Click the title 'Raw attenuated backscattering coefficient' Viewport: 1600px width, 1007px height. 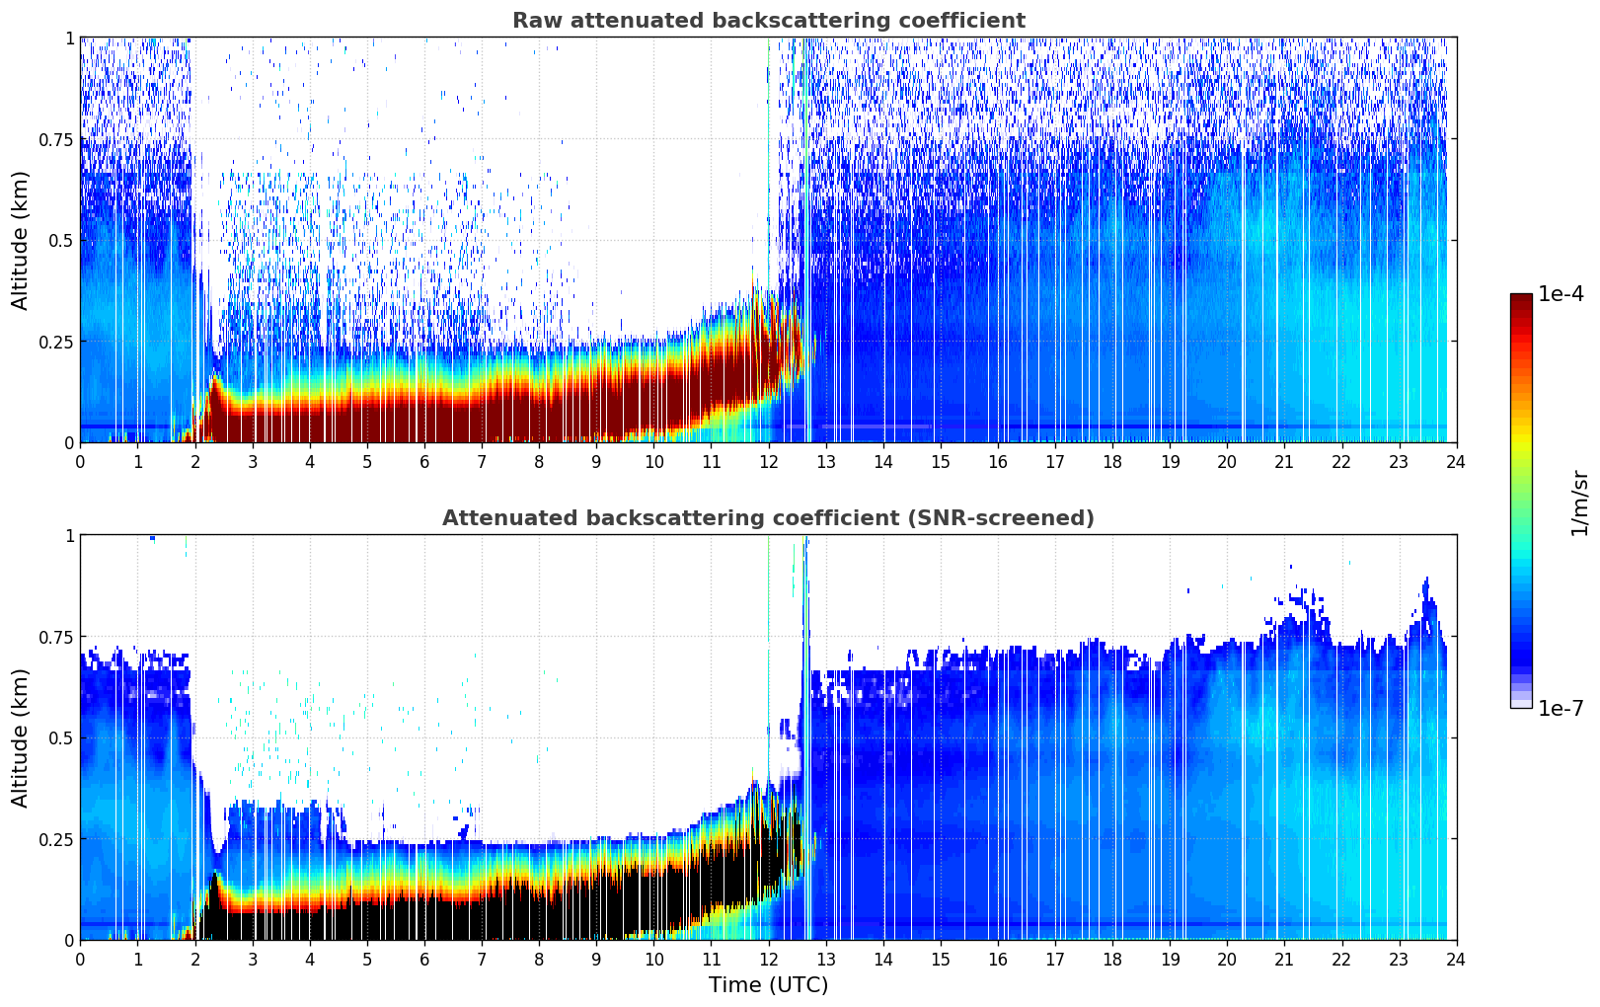pyautogui.click(x=768, y=21)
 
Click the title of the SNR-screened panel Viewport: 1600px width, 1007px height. pyautogui.click(x=768, y=518)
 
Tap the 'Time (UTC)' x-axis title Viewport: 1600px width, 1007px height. pyautogui.click(x=768, y=985)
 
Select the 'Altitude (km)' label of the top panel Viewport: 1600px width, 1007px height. pyautogui.click(x=21, y=240)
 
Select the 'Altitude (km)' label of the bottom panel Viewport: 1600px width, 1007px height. pyautogui.click(x=21, y=737)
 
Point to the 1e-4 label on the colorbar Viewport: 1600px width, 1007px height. pyautogui.click(x=1560, y=294)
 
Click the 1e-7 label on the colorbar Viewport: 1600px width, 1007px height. pyautogui.click(x=1560, y=708)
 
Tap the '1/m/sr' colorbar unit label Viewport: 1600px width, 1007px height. pyautogui.click(x=1578, y=503)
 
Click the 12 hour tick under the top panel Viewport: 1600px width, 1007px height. pyautogui.click(x=768, y=461)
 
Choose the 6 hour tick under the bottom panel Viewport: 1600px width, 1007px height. pyautogui.click(x=424, y=959)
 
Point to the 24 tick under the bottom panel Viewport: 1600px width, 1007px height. pyautogui.click(x=1456, y=959)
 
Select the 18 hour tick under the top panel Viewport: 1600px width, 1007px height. pyautogui.click(x=1112, y=461)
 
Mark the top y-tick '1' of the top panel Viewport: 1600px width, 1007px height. pyautogui.click(x=69, y=38)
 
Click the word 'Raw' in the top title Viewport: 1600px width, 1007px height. pyautogui.click(x=533, y=21)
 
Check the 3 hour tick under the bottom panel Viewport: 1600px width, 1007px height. pyautogui.click(x=253, y=959)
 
